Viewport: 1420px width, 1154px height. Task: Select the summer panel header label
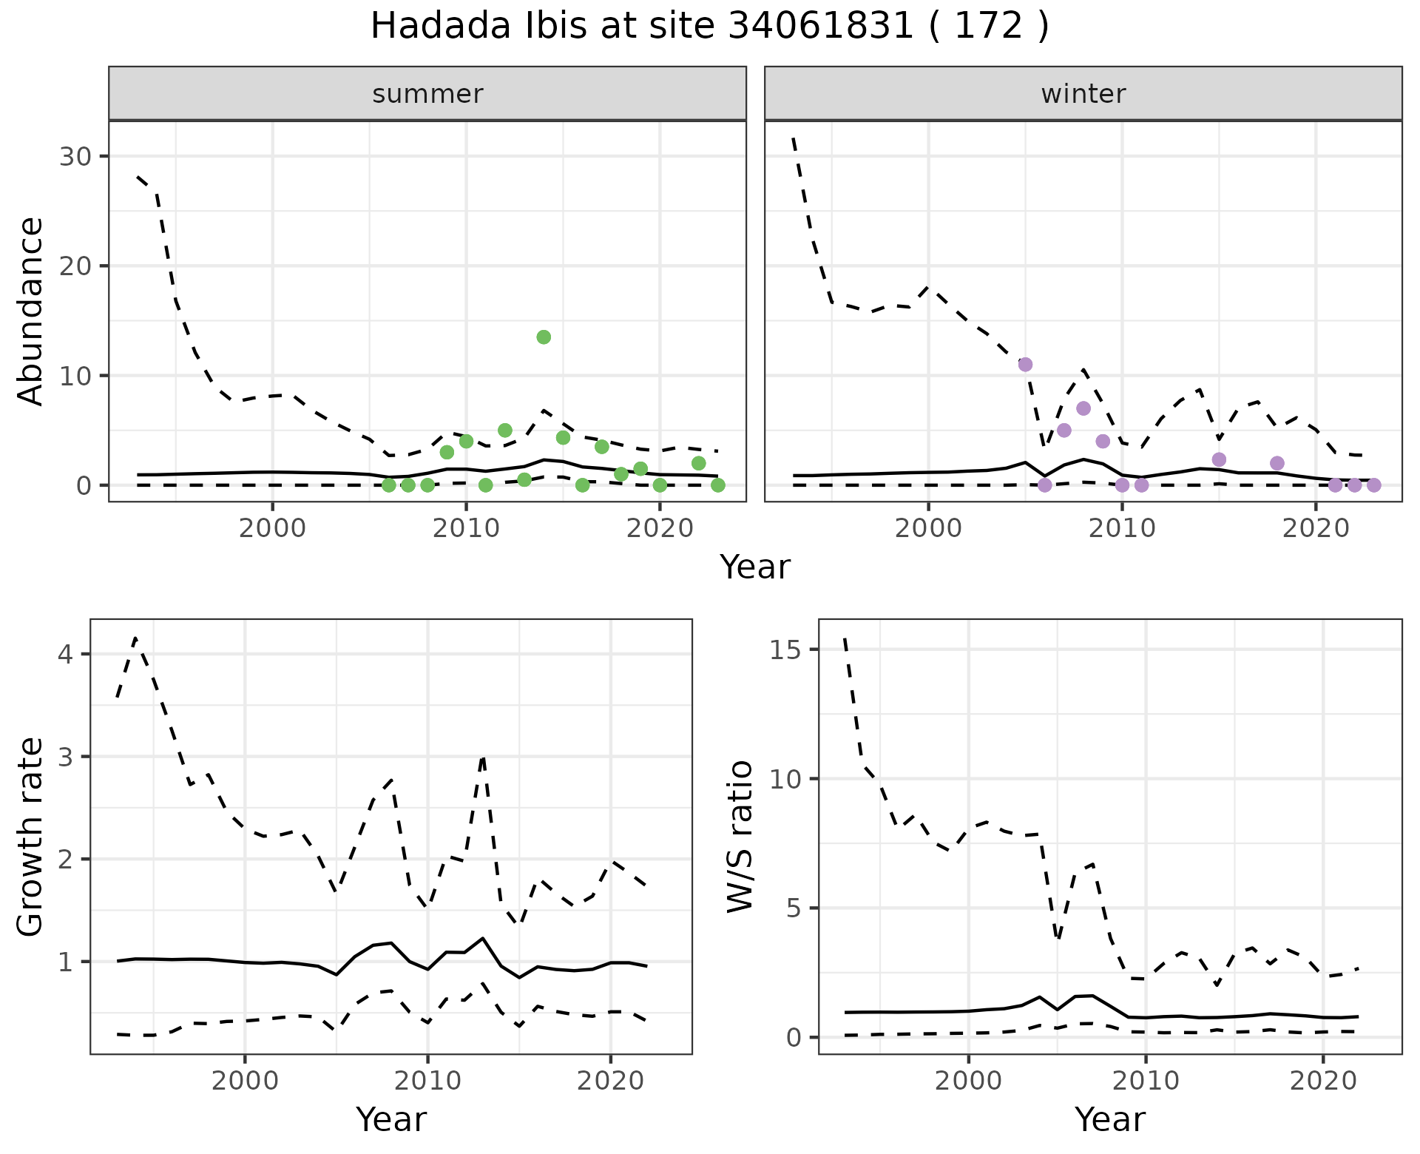coord(427,94)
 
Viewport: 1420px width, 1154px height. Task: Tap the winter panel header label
coord(1083,94)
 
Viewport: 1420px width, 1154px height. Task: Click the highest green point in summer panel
coord(544,337)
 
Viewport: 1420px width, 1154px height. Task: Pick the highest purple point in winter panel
coord(1025,365)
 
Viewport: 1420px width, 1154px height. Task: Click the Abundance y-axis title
coord(31,311)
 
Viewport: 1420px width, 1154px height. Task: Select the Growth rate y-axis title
coord(31,837)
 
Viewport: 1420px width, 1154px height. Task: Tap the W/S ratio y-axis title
coord(740,837)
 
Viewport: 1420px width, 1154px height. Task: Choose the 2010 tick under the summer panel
coord(466,529)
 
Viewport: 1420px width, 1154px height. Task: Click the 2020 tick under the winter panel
coord(1316,529)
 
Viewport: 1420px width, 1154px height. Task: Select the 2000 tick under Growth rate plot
coord(245,1082)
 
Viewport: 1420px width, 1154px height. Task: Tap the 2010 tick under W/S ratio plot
coord(1146,1082)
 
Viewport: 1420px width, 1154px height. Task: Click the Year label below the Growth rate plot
coord(391,1120)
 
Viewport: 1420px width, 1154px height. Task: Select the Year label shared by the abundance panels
coord(755,567)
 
